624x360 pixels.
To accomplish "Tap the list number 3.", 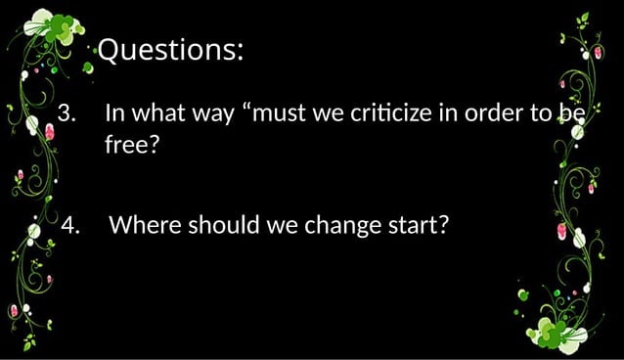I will pyautogui.click(x=67, y=112).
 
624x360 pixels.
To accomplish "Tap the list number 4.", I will pyautogui.click(x=70, y=226).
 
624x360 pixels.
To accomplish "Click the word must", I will pyautogui.click(x=283, y=112).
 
